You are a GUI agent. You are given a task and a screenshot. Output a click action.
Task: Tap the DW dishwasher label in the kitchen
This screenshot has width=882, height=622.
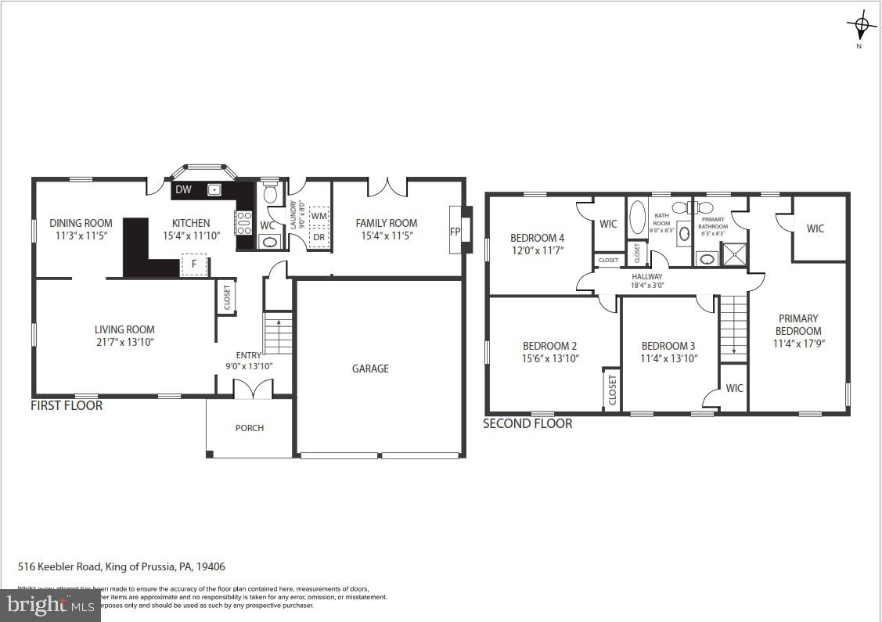coord(183,189)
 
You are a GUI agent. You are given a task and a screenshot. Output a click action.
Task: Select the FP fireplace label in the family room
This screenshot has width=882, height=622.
coord(455,232)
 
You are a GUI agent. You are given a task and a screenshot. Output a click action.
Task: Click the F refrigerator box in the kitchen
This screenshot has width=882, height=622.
coord(194,264)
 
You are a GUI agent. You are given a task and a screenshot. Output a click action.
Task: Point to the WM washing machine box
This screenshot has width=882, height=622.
coord(319,216)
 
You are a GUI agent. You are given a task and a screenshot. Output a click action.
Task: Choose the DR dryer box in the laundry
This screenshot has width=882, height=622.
coord(319,237)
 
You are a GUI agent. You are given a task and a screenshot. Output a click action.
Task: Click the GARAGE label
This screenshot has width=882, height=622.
coord(370,369)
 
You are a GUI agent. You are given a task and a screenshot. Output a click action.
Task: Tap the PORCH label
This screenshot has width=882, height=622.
coord(250,428)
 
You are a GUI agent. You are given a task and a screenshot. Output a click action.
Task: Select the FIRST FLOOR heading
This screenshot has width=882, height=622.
coord(67,405)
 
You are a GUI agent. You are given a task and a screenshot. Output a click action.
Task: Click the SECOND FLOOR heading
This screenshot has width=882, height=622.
coord(527,423)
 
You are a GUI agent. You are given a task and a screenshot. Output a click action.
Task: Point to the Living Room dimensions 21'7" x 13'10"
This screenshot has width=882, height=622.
coord(124,342)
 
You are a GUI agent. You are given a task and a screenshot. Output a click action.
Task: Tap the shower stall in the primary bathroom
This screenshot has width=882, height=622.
coord(733,255)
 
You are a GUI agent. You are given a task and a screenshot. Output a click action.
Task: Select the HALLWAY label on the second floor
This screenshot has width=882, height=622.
coord(647,276)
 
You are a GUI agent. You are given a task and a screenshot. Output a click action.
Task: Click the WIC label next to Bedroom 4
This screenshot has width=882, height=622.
coord(608,224)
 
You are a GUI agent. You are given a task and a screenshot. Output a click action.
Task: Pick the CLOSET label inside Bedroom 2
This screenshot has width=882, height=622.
coord(612,390)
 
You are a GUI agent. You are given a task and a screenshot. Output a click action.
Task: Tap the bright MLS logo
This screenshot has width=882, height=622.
coord(50,604)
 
